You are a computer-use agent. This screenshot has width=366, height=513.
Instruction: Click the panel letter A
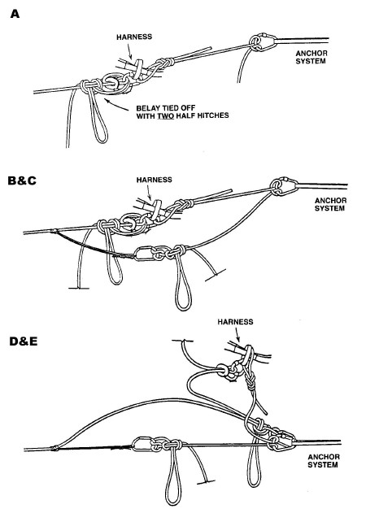pyautogui.click(x=15, y=14)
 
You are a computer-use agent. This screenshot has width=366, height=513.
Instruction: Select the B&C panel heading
pyautogui.click(x=22, y=180)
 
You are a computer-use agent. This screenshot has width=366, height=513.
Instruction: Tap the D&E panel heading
pyautogui.click(x=24, y=341)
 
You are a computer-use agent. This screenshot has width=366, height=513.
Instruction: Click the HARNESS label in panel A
pyautogui.click(x=134, y=37)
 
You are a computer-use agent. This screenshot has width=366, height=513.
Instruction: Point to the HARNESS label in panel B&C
pyautogui.click(x=155, y=180)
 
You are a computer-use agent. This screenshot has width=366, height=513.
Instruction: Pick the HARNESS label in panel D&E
pyautogui.click(x=235, y=322)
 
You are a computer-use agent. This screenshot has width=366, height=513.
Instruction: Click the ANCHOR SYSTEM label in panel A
pyautogui.click(x=311, y=57)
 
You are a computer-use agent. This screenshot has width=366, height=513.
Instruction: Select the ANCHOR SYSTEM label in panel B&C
pyautogui.click(x=330, y=204)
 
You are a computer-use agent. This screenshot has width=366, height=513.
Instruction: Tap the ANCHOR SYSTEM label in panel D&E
pyautogui.click(x=323, y=461)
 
